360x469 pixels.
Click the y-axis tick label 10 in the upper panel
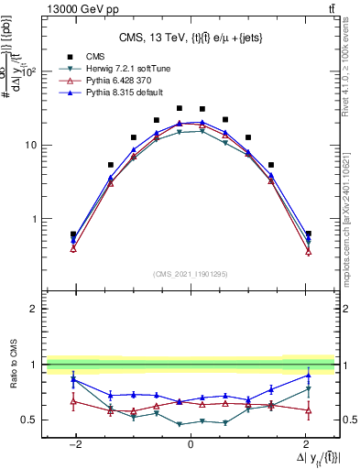(x=30, y=146)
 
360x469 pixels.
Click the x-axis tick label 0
(x=190, y=444)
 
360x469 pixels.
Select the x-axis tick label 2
(x=305, y=444)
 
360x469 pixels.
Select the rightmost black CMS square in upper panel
(x=309, y=234)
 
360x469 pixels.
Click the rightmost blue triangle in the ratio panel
(x=309, y=375)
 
